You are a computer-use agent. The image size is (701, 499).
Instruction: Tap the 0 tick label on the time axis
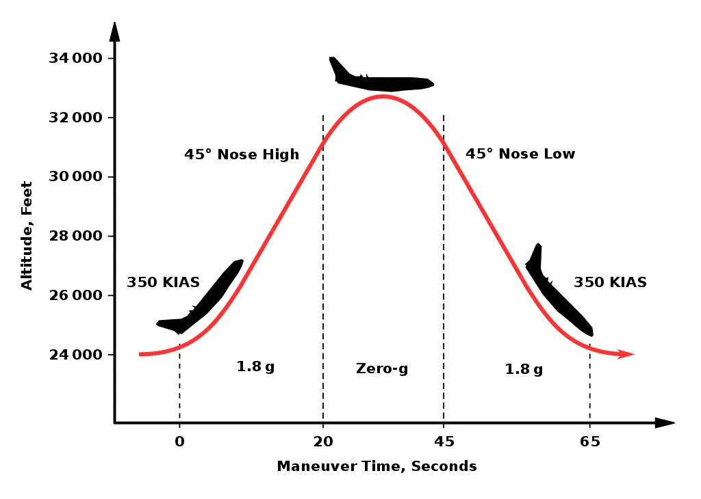pyautogui.click(x=179, y=442)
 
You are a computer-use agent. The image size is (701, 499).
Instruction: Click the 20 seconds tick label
pyautogui.click(x=323, y=442)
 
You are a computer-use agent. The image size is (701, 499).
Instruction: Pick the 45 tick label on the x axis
pyautogui.click(x=444, y=442)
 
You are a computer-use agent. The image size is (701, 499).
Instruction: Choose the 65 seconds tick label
pyautogui.click(x=590, y=442)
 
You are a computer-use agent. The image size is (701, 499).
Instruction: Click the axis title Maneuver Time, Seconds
pyautogui.click(x=377, y=467)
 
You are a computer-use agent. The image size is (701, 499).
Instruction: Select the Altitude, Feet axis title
pyautogui.click(x=27, y=235)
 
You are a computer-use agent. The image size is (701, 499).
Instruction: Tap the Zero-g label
pyautogui.click(x=382, y=369)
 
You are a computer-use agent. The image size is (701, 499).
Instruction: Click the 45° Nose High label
pyautogui.click(x=242, y=154)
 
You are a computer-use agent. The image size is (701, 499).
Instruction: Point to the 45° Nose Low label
pyautogui.click(x=520, y=154)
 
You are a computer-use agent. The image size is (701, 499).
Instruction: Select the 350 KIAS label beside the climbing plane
pyautogui.click(x=163, y=282)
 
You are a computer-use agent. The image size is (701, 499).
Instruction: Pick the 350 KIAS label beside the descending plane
pyautogui.click(x=610, y=282)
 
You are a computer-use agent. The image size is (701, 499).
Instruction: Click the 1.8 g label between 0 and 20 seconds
pyautogui.click(x=255, y=366)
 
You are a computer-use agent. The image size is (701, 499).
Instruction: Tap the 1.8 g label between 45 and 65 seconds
pyautogui.click(x=524, y=369)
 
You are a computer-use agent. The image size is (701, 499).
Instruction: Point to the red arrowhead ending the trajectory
pyautogui.click(x=626, y=354)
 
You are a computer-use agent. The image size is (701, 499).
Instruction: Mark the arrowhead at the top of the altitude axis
pyautogui.click(x=114, y=31)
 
